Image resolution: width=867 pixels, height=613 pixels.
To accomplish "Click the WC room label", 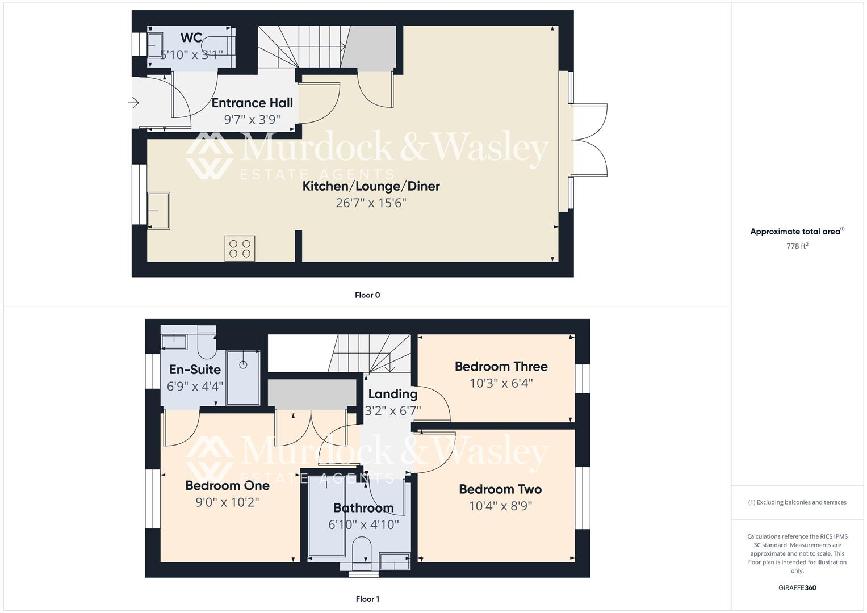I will pos(191,37).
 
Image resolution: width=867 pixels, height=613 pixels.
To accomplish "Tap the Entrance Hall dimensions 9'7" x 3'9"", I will pos(252,120).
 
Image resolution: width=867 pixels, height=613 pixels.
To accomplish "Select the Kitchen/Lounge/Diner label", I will pos(371,186).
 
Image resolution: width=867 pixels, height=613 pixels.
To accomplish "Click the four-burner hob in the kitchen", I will pos(240,249).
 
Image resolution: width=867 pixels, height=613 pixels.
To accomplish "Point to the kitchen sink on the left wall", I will pos(159,211).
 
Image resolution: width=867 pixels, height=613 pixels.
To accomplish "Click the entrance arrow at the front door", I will pos(134,103).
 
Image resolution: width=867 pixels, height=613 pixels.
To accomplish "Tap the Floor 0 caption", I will pos(367,295).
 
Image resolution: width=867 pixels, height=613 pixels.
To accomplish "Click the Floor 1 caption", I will pos(367,599).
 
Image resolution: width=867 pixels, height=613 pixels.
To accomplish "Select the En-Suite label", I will pos(195,370).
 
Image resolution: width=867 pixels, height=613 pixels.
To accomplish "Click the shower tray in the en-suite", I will pos(244,377).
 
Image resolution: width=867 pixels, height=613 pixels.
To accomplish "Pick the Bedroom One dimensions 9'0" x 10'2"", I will pos(227,502).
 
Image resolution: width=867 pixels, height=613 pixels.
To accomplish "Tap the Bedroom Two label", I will pos(500,489).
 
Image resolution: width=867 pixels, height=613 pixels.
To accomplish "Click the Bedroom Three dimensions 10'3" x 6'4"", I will pos(501,383).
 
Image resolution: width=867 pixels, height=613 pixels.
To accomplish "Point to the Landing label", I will pos(392,394).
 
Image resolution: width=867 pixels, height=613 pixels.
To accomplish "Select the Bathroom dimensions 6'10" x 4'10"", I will pos(363,524).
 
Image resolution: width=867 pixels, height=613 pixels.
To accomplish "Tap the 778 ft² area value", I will pos(797,246).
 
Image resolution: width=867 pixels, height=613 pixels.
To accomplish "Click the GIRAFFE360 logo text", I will pos(797,588).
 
